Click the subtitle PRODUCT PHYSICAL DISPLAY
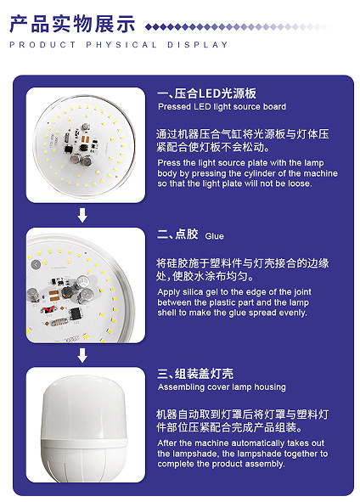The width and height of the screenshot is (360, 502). (119, 45)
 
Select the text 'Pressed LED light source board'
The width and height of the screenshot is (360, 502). (222, 107)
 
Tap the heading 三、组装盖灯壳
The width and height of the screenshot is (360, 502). (197, 374)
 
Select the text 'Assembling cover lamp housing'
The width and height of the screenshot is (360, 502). (222, 387)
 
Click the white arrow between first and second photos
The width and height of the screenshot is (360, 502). (82, 215)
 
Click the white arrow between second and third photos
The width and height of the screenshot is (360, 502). (82, 354)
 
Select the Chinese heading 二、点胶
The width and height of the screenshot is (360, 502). (177, 234)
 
